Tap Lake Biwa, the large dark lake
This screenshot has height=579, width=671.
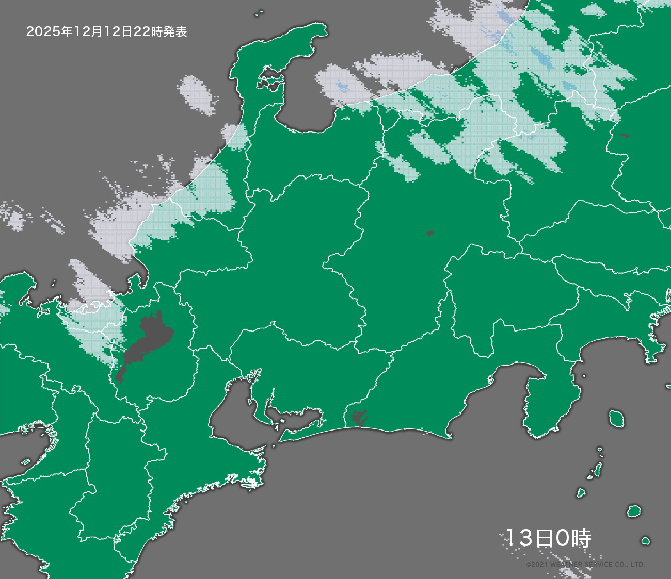[x=147, y=340]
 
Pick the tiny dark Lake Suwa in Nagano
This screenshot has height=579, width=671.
[x=430, y=233]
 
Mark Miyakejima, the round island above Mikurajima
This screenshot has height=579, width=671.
[x=633, y=511]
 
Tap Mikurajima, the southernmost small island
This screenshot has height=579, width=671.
[x=645, y=541]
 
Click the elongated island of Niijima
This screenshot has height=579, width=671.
[x=597, y=469]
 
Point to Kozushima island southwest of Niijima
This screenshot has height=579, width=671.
[x=581, y=493]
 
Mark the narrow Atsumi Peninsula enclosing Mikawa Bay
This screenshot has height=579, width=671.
[x=302, y=431]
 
